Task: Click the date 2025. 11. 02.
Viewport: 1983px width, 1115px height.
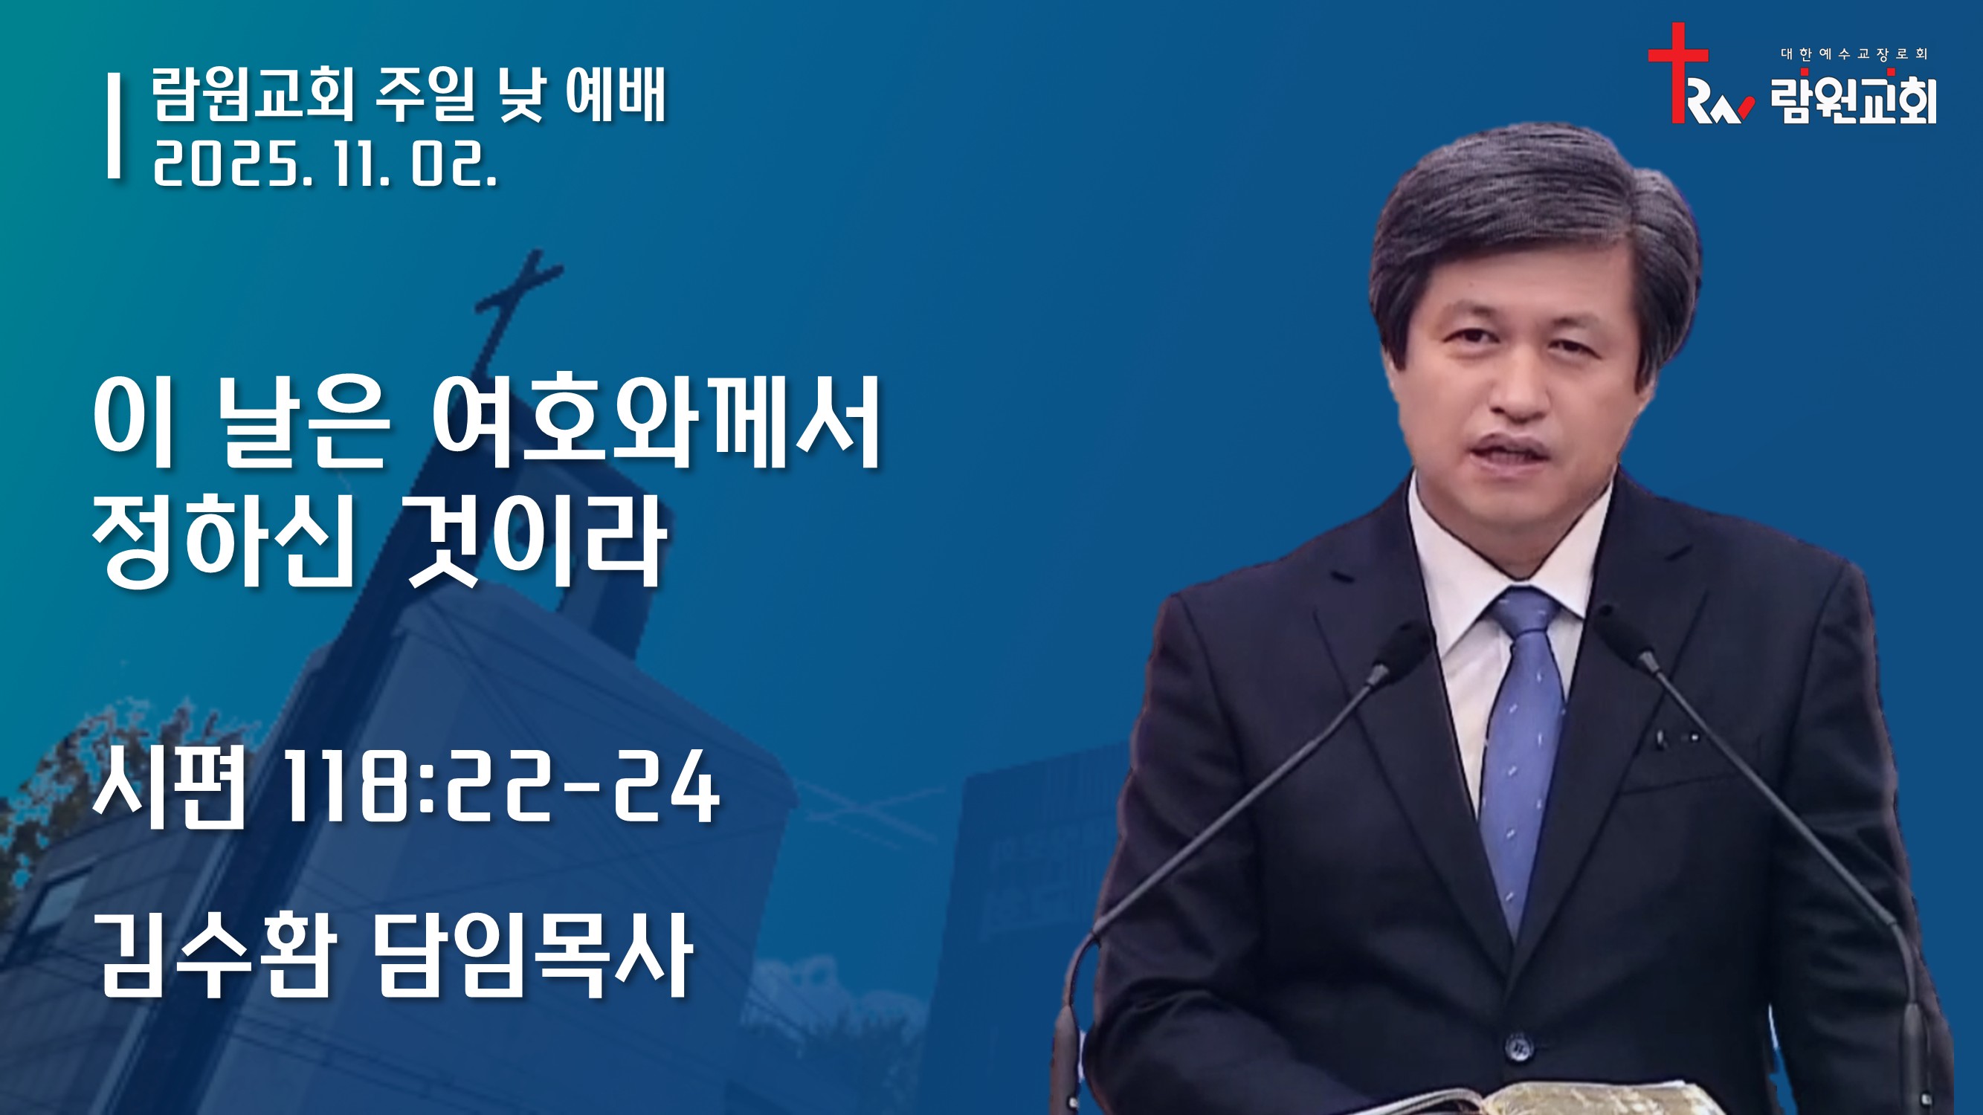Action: pyautogui.click(x=325, y=165)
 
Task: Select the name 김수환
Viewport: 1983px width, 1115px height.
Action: pyautogui.click(x=218, y=957)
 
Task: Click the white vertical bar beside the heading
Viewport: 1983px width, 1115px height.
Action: pyautogui.click(x=114, y=126)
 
